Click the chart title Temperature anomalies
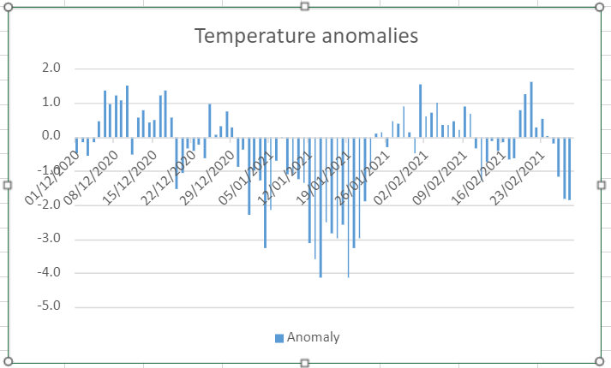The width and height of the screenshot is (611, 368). pos(306,36)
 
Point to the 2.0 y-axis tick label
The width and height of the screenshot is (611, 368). pos(51,68)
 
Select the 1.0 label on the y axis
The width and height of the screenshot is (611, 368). pos(51,103)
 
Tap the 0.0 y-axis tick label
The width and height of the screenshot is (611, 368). pos(51,136)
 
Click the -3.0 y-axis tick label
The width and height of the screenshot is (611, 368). pos(49,239)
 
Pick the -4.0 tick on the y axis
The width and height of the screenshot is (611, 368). pos(49,273)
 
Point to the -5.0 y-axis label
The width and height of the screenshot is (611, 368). pos(49,306)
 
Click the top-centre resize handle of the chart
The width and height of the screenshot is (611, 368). pos(305,7)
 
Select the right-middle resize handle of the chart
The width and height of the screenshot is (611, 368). pos(601,185)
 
